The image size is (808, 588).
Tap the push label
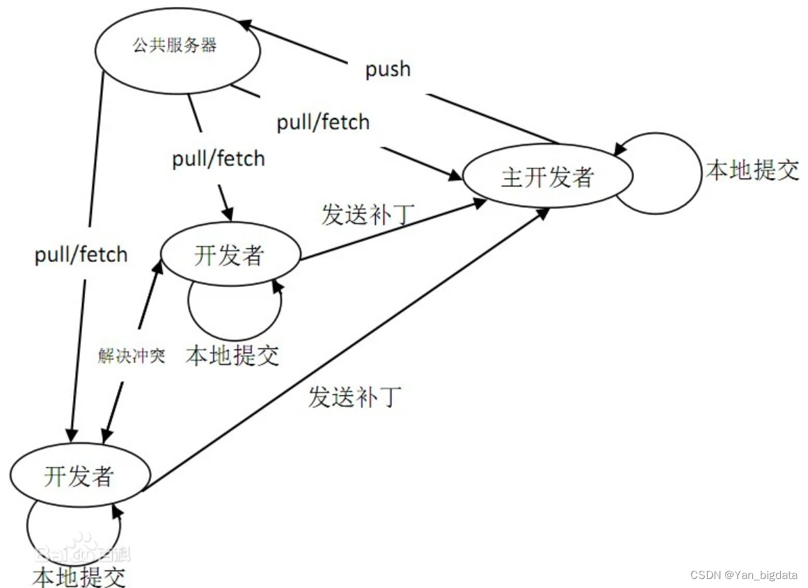coord(388,69)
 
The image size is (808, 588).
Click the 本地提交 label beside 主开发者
coord(752,170)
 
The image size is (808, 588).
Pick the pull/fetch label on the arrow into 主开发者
coord(323,122)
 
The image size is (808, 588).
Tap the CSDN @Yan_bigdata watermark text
coord(744,574)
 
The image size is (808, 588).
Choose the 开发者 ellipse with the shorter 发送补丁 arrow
coord(229,255)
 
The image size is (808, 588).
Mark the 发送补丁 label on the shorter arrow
coord(368,215)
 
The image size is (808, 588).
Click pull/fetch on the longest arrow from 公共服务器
coord(81,254)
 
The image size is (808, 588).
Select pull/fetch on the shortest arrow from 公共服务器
coord(219,158)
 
